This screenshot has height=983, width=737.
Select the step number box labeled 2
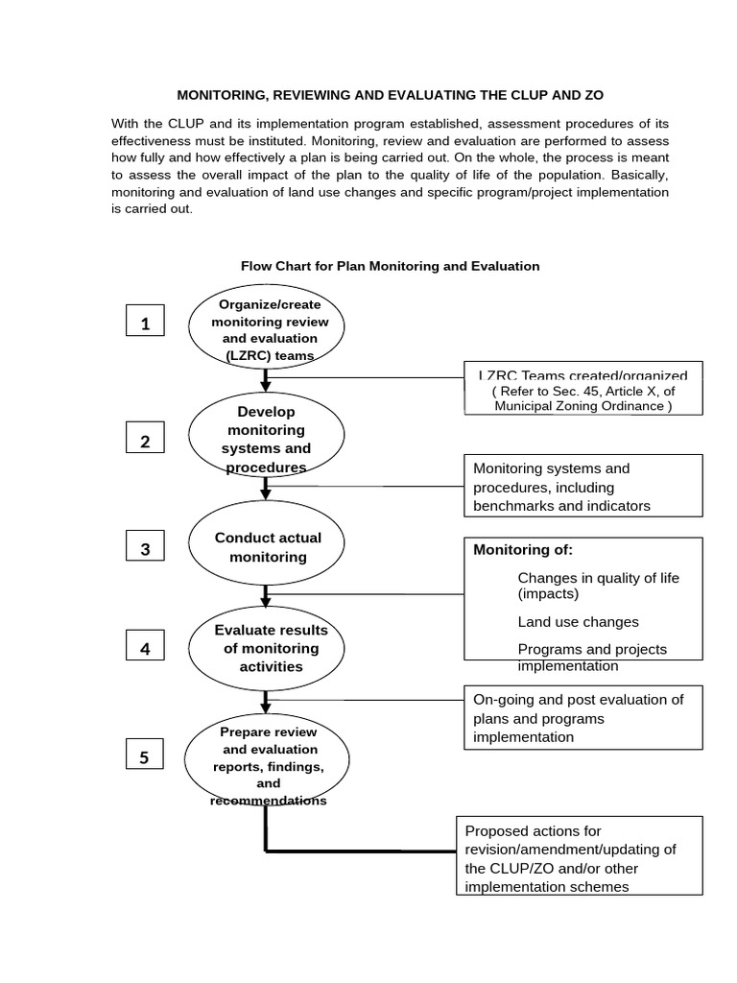(145, 441)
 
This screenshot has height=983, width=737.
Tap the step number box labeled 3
(145, 548)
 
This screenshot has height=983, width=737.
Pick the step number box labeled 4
(145, 648)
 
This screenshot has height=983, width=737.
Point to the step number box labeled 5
(145, 757)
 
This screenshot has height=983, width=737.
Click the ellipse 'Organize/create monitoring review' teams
(266, 330)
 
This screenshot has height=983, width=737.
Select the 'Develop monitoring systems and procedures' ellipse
(266, 439)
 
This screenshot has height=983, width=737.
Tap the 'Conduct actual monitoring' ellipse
(267, 547)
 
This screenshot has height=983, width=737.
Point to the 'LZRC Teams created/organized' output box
(583, 389)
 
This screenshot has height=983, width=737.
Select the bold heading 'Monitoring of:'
(523, 550)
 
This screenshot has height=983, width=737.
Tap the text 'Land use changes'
(578, 622)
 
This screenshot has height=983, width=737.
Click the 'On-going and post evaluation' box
(583, 717)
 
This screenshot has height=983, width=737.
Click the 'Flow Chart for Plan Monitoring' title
(390, 266)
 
